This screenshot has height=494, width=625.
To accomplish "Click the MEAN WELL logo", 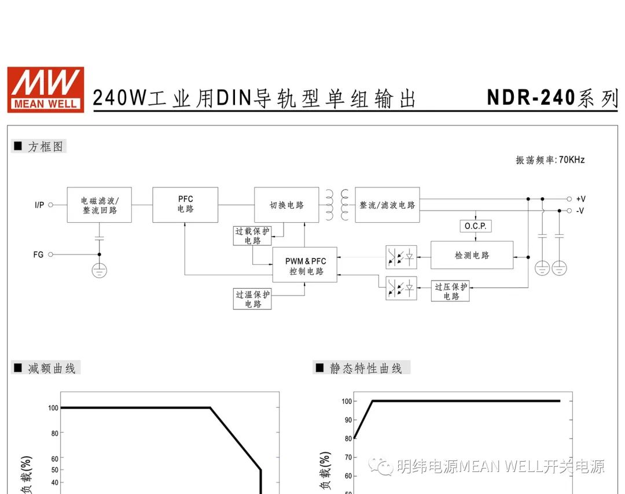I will click(45, 89).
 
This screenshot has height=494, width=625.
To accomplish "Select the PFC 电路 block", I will click(185, 205).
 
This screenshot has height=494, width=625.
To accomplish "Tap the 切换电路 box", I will click(286, 205).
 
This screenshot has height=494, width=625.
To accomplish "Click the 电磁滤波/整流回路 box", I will click(99, 205).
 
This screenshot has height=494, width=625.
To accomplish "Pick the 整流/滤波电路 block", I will click(387, 205).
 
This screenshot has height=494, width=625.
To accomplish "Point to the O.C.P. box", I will click(475, 226).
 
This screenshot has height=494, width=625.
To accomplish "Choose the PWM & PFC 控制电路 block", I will click(304, 267).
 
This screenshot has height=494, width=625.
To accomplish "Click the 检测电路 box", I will click(472, 255).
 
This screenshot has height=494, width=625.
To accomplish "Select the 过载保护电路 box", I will click(252, 236).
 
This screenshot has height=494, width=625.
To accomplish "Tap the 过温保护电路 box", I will click(252, 299).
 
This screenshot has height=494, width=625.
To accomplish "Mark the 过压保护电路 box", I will click(451, 292).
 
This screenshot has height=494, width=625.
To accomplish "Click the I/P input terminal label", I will click(39, 205).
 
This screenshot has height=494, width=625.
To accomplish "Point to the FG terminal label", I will click(38, 254).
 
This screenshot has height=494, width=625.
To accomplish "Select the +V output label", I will click(580, 199).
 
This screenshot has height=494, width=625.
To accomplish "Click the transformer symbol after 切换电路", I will click(337, 205).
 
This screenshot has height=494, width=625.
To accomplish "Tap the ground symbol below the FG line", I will click(99, 270).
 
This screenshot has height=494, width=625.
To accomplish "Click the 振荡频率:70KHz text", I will click(550, 160).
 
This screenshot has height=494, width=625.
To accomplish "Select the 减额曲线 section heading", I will click(52, 368).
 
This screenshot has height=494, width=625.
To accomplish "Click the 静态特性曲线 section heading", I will click(366, 368).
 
